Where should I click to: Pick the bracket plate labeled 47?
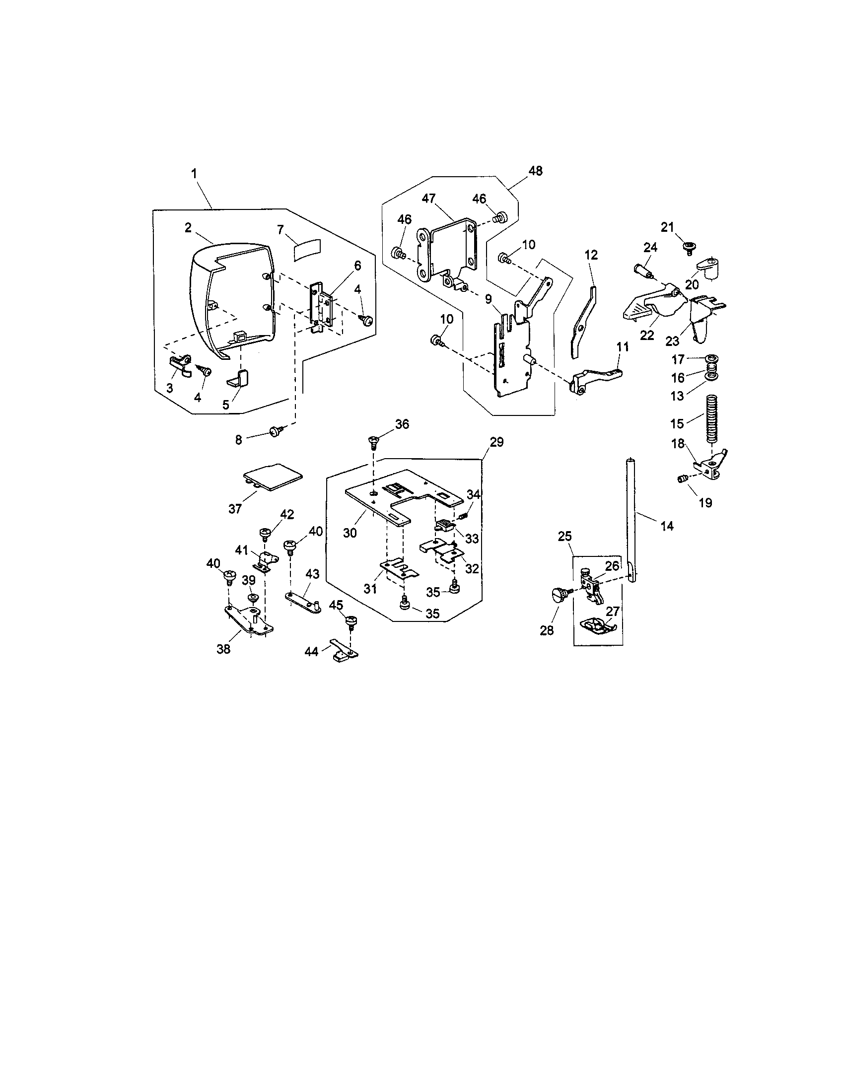click(x=447, y=250)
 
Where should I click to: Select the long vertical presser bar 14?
click(x=631, y=520)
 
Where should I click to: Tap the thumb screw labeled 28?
click(x=559, y=595)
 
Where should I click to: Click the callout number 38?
click(x=223, y=650)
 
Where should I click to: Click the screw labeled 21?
click(x=690, y=246)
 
